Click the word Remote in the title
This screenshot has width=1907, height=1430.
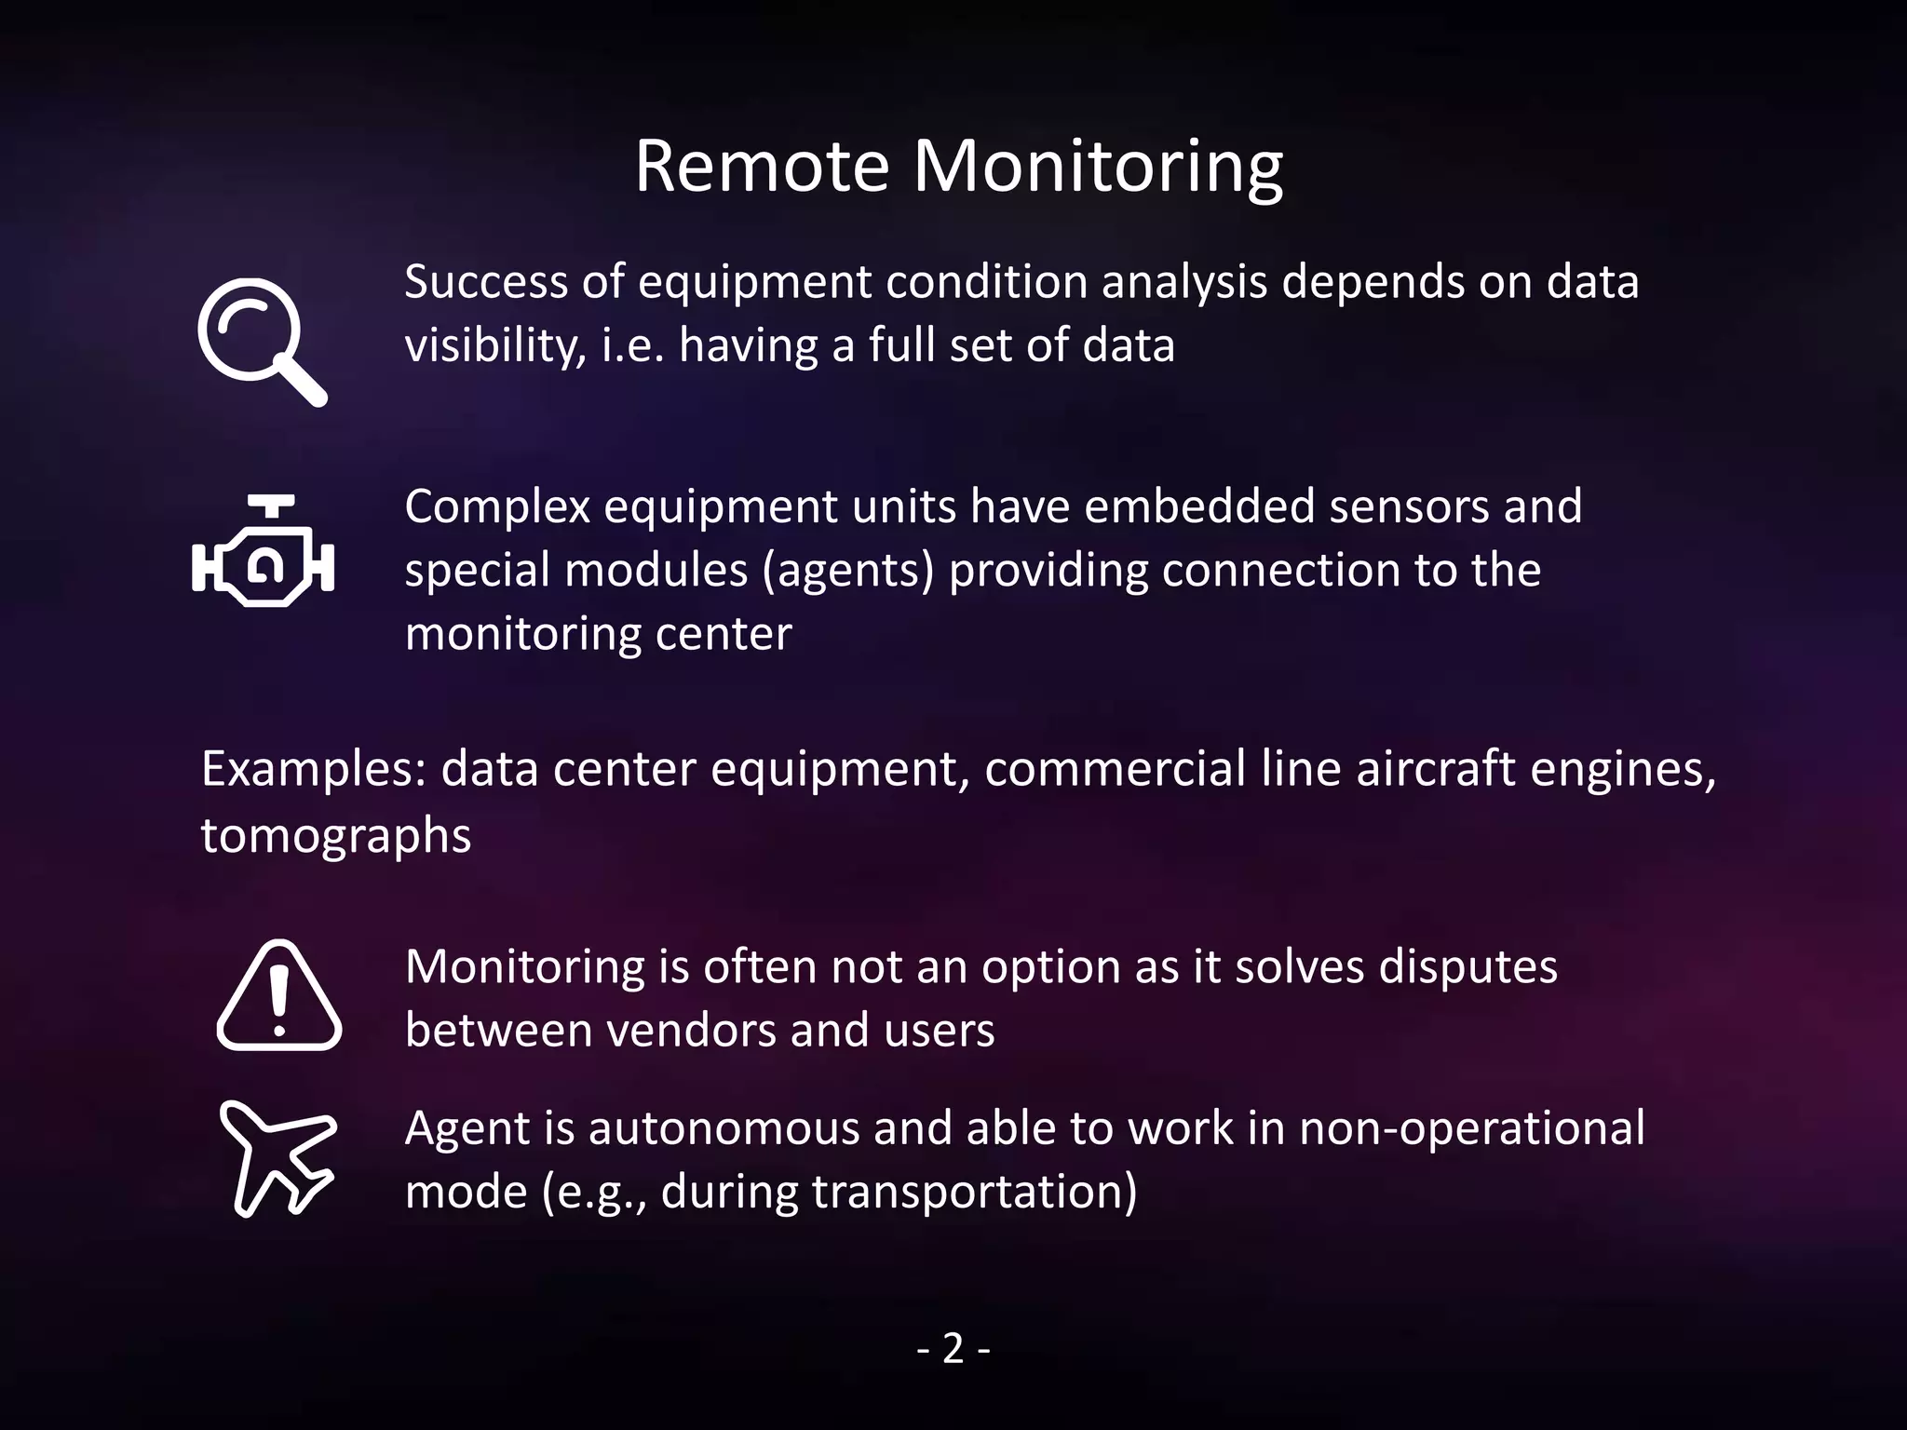pos(762,167)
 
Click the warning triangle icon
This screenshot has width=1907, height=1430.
pos(278,997)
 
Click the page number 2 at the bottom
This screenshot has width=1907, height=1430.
pos(953,1348)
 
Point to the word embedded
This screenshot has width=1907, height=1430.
pos(1199,507)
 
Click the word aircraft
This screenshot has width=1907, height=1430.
pos(1435,770)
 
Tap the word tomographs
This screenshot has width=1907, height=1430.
pos(336,835)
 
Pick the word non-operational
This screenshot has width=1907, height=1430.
pos(1471,1128)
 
